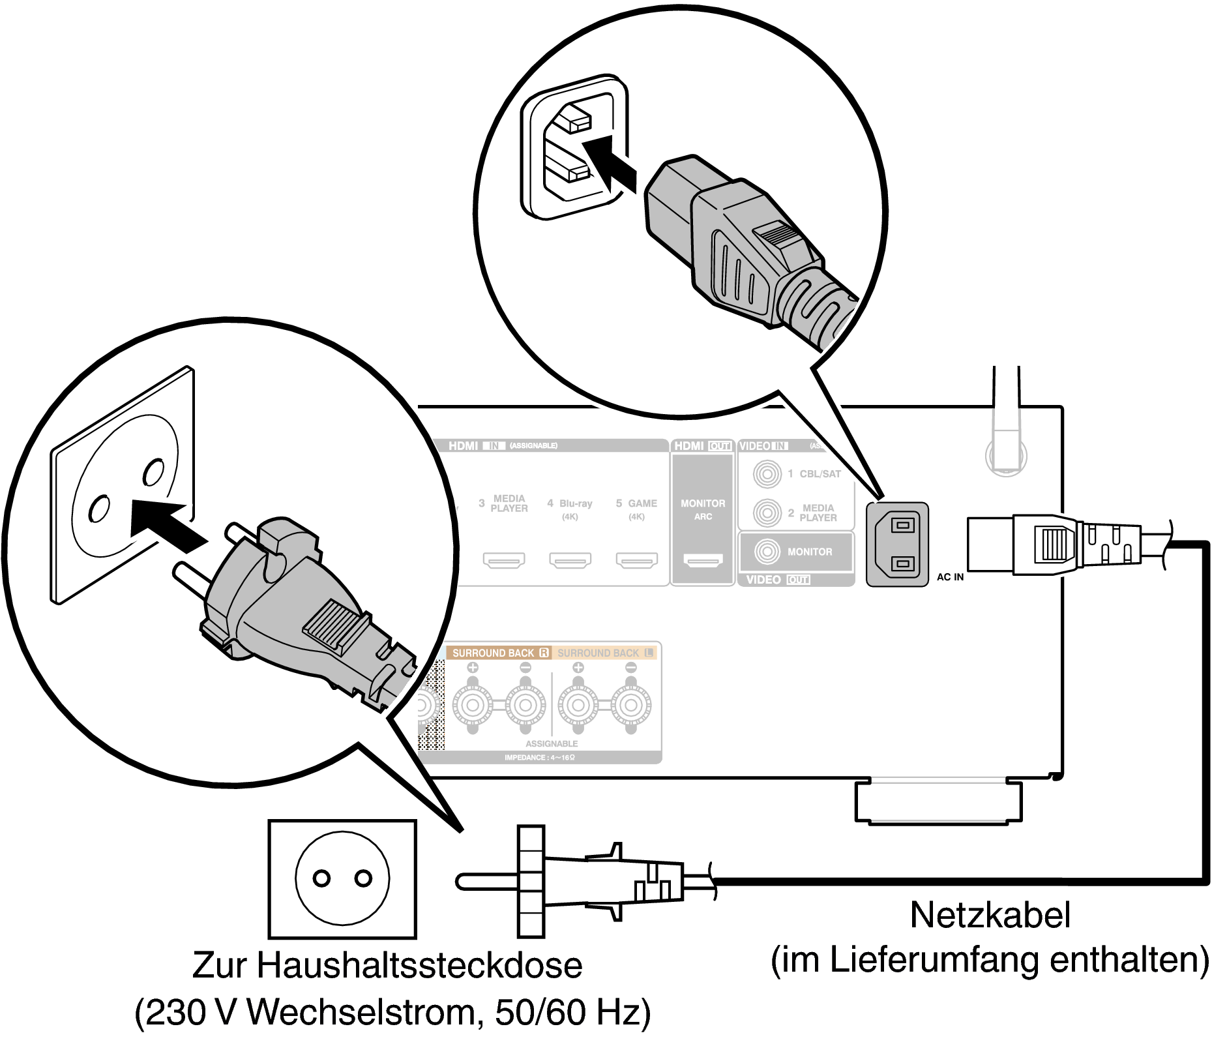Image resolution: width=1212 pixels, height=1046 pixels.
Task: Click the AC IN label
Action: [949, 577]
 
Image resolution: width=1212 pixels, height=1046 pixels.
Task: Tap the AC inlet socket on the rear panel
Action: [897, 544]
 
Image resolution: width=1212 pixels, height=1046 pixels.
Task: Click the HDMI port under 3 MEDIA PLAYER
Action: [503, 560]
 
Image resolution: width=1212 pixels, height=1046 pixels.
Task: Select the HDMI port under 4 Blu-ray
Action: [570, 560]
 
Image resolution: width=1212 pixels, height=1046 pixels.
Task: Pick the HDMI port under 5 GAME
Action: [636, 560]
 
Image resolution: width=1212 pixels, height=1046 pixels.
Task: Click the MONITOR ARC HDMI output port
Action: [703, 560]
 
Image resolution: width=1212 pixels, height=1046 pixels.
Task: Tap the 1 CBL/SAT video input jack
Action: [767, 473]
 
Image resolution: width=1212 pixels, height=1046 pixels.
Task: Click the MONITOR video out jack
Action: [767, 552]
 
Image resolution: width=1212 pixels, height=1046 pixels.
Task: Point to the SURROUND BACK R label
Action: [499, 653]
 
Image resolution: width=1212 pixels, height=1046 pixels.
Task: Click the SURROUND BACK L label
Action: [604, 653]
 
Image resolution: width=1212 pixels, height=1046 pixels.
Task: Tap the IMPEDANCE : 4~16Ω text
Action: [539, 758]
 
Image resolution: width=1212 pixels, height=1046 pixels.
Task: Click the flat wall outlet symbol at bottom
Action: [342, 878]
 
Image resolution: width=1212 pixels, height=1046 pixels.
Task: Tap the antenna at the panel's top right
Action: [1005, 424]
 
